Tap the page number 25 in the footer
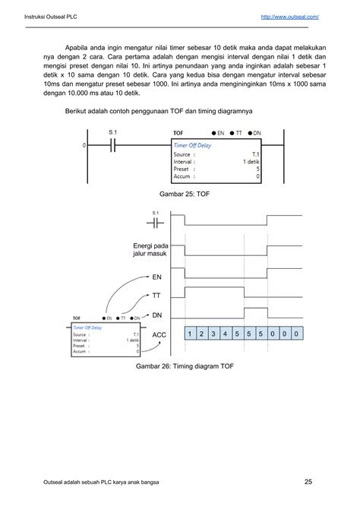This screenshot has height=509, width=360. (308, 480)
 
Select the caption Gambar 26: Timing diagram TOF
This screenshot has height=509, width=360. (179, 365)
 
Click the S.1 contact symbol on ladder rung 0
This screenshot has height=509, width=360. (112, 144)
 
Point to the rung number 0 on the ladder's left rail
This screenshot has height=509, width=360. (84, 144)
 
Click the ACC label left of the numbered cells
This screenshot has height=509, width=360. (159, 334)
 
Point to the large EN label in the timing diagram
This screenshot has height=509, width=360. (157, 278)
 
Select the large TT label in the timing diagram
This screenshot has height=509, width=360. (157, 297)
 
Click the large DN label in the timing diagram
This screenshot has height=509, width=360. (157, 315)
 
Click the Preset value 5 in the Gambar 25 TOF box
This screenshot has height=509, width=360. (257, 168)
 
